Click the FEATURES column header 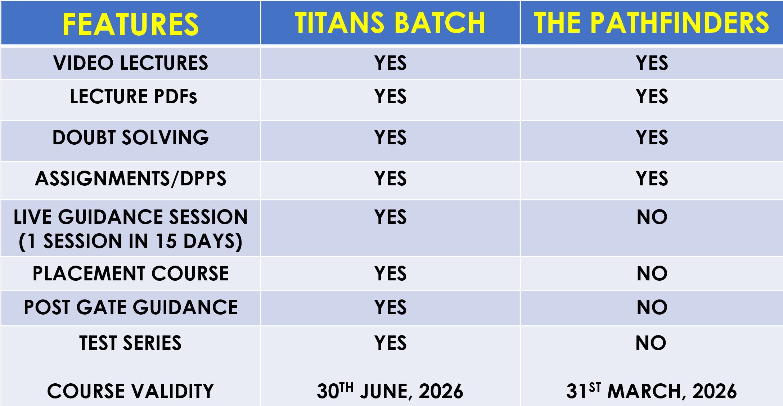coord(130,24)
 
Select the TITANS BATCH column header coord(390,23)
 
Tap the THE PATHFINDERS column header coord(652,23)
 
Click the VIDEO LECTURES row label coord(131,63)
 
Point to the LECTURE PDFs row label coord(134,96)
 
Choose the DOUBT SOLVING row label coord(131,137)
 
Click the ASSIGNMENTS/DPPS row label coord(131,179)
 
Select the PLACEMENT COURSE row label coord(131,274)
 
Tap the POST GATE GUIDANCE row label coord(131,307)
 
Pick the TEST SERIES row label coord(130,343)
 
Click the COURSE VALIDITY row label coord(131,391)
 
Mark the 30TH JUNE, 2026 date coord(390,391)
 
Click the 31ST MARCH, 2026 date coord(652,391)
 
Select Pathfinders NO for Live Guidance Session coord(652,217)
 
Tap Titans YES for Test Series coord(390,343)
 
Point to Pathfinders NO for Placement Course coord(652,274)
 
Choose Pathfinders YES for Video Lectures coord(652,63)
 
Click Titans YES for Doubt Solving coord(390,137)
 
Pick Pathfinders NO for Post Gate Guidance coord(652,307)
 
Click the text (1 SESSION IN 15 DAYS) coord(131,241)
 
